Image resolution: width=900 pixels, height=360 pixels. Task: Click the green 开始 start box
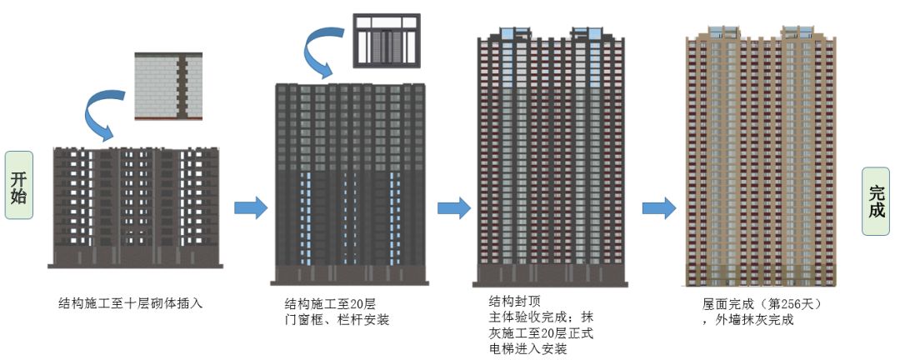tap(19, 185)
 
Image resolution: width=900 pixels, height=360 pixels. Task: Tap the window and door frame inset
tap(387, 41)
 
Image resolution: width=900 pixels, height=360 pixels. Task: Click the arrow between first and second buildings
tap(251, 207)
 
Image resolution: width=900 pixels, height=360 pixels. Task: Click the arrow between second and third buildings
tap(453, 207)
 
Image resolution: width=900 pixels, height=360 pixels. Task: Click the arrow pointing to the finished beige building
tap(658, 208)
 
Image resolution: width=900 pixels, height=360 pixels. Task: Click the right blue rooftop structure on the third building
tap(587, 34)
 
